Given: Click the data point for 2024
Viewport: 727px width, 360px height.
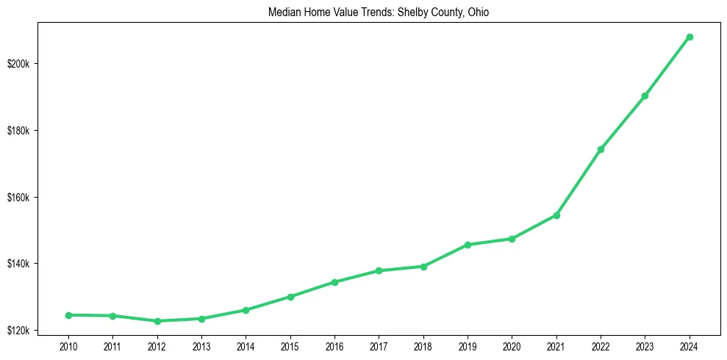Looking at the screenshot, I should point(690,37).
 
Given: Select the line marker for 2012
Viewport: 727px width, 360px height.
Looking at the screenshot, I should point(157,321).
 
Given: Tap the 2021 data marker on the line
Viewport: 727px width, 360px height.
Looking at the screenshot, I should point(556,215).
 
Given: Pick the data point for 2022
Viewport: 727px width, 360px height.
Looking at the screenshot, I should point(601,149).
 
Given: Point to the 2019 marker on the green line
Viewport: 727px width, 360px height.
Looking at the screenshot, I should point(468,245).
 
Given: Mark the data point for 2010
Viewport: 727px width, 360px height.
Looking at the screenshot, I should point(68,315).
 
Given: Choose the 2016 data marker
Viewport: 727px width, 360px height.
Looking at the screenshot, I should point(334,282).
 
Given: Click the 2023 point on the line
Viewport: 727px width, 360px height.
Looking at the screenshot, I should point(645,96).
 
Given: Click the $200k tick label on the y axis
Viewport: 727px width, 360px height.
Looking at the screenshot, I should point(35,64).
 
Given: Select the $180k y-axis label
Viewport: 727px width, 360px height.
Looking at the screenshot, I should point(35,131).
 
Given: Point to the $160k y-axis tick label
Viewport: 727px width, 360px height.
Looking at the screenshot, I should point(35,198).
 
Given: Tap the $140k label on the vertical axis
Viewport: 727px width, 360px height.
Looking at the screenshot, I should point(35,264).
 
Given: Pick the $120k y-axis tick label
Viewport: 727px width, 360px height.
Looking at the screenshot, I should point(35,331).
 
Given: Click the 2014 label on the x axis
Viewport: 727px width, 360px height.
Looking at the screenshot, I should point(246,345).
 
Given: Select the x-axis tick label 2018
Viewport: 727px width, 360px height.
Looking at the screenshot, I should point(423,345).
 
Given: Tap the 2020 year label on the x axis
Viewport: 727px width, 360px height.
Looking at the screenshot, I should point(512,345).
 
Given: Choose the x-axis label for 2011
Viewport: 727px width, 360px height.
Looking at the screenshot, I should point(112,345).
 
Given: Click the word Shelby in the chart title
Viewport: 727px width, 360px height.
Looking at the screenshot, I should point(395,12).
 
